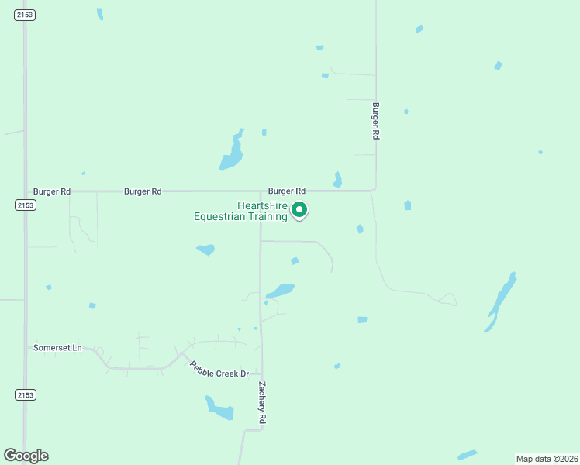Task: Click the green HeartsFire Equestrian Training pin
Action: (x=299, y=210)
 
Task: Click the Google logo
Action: (x=26, y=456)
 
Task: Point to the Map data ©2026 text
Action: (x=547, y=459)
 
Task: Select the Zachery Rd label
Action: (x=263, y=401)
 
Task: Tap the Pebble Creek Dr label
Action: (x=219, y=369)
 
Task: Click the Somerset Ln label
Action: (x=57, y=348)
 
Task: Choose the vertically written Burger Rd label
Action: (x=375, y=121)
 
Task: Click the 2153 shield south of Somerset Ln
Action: (x=25, y=394)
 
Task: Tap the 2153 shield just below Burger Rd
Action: (x=25, y=205)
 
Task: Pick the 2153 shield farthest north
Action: (x=25, y=15)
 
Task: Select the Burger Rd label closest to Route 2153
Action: (x=52, y=191)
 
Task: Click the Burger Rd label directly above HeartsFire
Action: (x=287, y=191)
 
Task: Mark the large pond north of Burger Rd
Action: (x=232, y=153)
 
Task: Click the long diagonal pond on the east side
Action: (x=501, y=301)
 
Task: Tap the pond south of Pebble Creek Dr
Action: (x=219, y=408)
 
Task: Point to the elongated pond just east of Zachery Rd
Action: (x=281, y=291)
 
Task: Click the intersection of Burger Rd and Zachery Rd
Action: (x=260, y=191)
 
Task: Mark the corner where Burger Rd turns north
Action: (x=375, y=190)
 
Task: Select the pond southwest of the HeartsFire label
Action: (x=206, y=250)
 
